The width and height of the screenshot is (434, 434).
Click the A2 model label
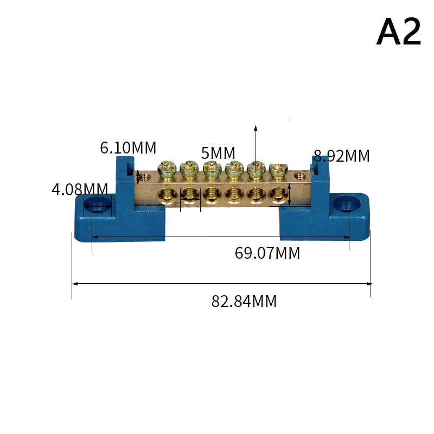pos(399,33)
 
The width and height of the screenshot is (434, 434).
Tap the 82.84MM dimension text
pos(244,302)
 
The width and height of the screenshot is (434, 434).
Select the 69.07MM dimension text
pos(267,253)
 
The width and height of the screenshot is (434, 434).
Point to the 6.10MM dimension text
pos(128,148)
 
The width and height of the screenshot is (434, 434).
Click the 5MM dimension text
pos(219,153)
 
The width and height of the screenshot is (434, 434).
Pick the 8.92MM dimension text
pos(342,156)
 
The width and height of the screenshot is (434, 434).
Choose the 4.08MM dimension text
pos(80,189)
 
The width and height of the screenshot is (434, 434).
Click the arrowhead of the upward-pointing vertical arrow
pos(256,128)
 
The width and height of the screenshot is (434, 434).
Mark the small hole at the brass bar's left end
pos(144,176)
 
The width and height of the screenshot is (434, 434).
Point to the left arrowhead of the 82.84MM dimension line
pos(75,283)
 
